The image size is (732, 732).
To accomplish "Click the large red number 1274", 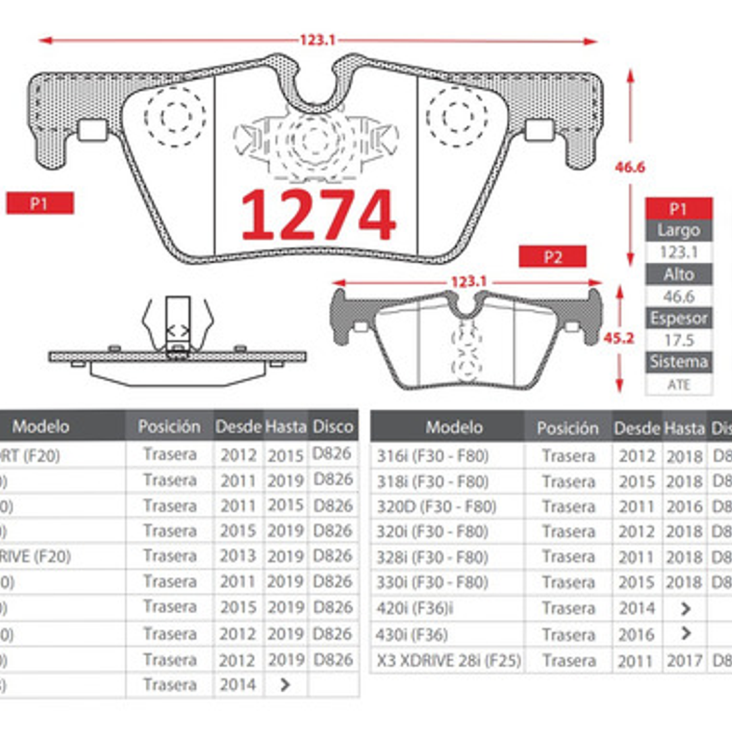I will tap(318, 214).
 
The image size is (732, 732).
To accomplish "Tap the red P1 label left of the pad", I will tap(40, 204).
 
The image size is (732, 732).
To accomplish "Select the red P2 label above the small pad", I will tap(552, 257).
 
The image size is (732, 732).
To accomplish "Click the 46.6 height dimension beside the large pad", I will tap(629, 167).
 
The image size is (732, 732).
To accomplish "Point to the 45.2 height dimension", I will tap(618, 338).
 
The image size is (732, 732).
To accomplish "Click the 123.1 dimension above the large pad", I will tap(317, 40).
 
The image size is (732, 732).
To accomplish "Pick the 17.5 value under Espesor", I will tap(679, 340).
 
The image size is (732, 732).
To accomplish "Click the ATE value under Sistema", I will tap(679, 385).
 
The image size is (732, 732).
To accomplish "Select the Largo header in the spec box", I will tap(679, 230).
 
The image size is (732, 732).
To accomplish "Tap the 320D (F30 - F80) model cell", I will tap(437, 507).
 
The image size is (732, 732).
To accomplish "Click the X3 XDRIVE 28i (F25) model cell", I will tap(448, 660).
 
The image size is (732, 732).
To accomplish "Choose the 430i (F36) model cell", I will tap(412, 634).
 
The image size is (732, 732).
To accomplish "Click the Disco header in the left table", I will tap(333, 426).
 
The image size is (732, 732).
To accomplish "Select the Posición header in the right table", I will tap(568, 428).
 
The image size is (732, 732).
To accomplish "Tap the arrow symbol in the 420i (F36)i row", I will tap(685, 608).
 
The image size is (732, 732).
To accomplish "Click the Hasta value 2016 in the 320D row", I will tap(684, 507).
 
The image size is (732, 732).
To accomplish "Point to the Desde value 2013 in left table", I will tap(238, 556).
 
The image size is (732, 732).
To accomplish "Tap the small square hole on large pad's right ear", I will tap(539, 130).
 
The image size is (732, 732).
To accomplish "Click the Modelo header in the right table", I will tap(454, 427).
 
